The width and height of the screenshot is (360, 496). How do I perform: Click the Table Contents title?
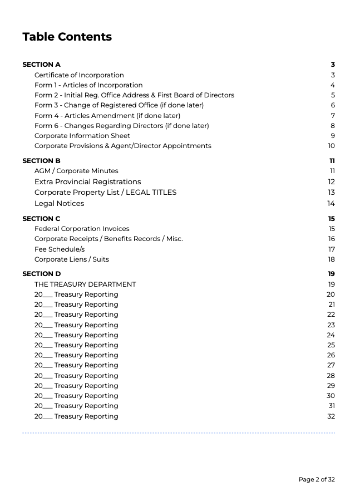click(67, 37)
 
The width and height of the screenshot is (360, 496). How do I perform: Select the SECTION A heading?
click(41, 65)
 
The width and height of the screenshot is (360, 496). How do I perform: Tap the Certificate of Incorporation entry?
click(79, 75)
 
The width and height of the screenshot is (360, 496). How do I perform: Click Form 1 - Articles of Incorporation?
click(88, 85)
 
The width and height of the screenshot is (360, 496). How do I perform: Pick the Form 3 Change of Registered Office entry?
click(119, 105)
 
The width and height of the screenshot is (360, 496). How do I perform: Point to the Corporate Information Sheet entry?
click(82, 136)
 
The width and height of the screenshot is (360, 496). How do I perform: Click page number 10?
click(331, 146)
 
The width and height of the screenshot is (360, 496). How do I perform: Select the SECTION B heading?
click(41, 161)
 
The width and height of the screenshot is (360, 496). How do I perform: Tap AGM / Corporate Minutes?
click(76, 171)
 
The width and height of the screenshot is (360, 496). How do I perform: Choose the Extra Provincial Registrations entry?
click(87, 181)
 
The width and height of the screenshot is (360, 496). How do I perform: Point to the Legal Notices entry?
click(59, 203)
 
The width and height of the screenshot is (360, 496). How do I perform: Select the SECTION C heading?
click(41, 219)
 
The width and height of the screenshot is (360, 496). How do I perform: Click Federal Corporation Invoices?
click(82, 229)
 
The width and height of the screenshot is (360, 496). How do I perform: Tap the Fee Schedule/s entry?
click(60, 249)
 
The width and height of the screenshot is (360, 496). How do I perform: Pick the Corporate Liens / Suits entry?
click(72, 259)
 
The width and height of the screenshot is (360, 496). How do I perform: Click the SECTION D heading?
click(41, 274)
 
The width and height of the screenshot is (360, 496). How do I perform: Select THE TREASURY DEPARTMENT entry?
click(85, 284)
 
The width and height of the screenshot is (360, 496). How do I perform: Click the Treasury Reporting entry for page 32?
click(76, 416)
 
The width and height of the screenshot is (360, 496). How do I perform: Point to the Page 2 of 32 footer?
click(317, 479)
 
